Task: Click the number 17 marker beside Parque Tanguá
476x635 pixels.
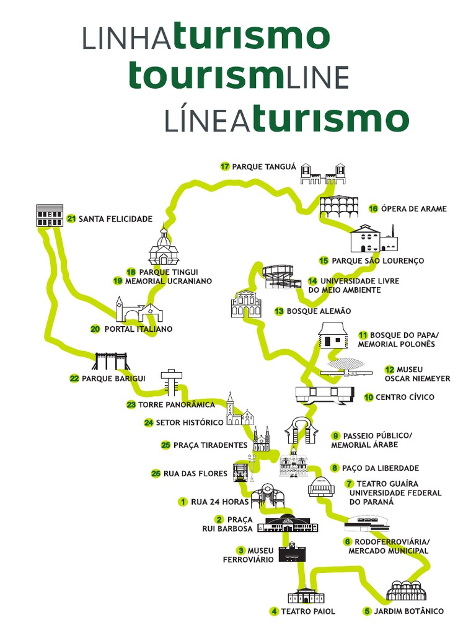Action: (225, 166)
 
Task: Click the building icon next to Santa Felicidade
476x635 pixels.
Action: (50, 215)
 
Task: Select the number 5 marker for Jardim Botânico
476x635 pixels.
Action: (367, 611)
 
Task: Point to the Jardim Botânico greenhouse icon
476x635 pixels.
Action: (407, 591)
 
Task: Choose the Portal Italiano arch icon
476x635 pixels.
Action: (138, 309)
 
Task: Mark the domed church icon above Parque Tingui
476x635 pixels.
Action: (164, 247)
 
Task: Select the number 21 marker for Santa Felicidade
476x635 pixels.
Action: (71, 219)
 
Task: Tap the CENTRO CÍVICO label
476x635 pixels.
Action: (405, 397)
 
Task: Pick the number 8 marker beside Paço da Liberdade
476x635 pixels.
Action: (335, 468)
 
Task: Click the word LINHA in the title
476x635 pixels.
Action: (126, 38)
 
